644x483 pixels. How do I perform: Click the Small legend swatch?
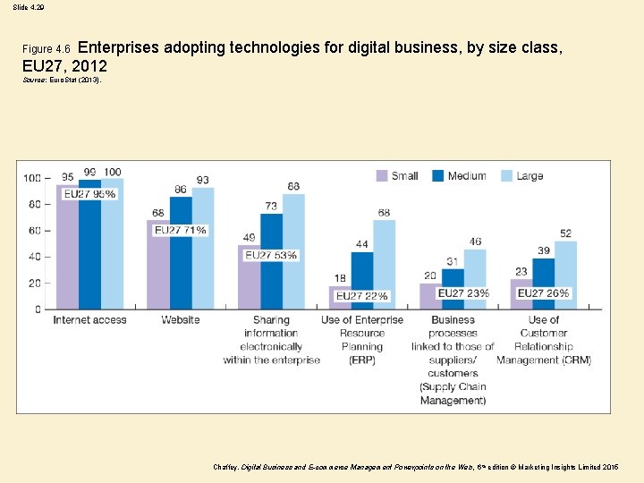[382, 176]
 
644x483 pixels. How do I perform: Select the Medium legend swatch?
[439, 176]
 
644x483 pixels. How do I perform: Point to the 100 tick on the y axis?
[31, 178]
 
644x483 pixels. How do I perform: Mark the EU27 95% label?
[89, 193]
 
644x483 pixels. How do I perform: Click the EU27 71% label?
[181, 230]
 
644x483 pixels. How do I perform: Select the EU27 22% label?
[362, 295]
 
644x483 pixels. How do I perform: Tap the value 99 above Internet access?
[89, 172]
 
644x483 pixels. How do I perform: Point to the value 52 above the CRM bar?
[565, 233]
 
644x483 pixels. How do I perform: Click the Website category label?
[181, 320]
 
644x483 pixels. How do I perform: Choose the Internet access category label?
[89, 320]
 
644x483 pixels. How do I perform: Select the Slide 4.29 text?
[29, 7]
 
